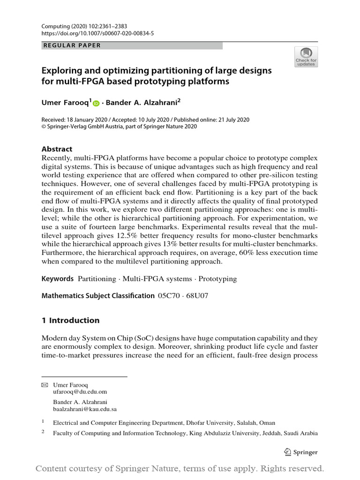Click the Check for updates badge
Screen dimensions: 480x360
pos(306,57)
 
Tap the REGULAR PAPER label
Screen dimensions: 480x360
pos(72,45)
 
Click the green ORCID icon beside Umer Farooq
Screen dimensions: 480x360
pos(96,104)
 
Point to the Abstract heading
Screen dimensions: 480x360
pos(57,149)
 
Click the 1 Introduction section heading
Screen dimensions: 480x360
pos(71,321)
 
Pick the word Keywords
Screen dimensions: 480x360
pos(58,279)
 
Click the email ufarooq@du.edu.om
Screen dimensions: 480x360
pos(80,391)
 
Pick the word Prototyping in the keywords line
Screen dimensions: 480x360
pos(218,279)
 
